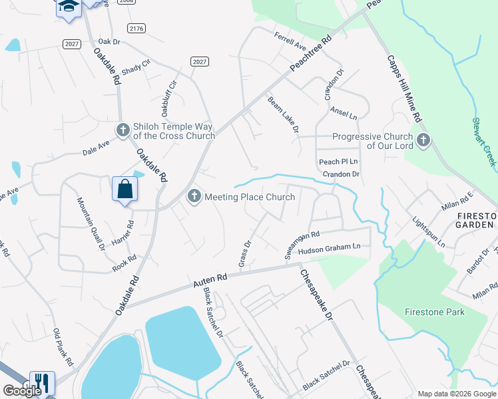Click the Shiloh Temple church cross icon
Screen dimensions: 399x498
click(123, 130)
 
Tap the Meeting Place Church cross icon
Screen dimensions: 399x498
click(194, 196)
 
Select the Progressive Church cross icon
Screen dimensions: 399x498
click(423, 141)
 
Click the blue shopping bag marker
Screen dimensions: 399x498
click(124, 190)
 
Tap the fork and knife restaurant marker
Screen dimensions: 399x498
click(42, 382)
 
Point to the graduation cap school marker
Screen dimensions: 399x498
click(67, 7)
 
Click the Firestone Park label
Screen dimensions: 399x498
click(435, 311)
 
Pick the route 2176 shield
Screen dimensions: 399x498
click(136, 27)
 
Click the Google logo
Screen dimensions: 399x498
click(22, 390)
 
